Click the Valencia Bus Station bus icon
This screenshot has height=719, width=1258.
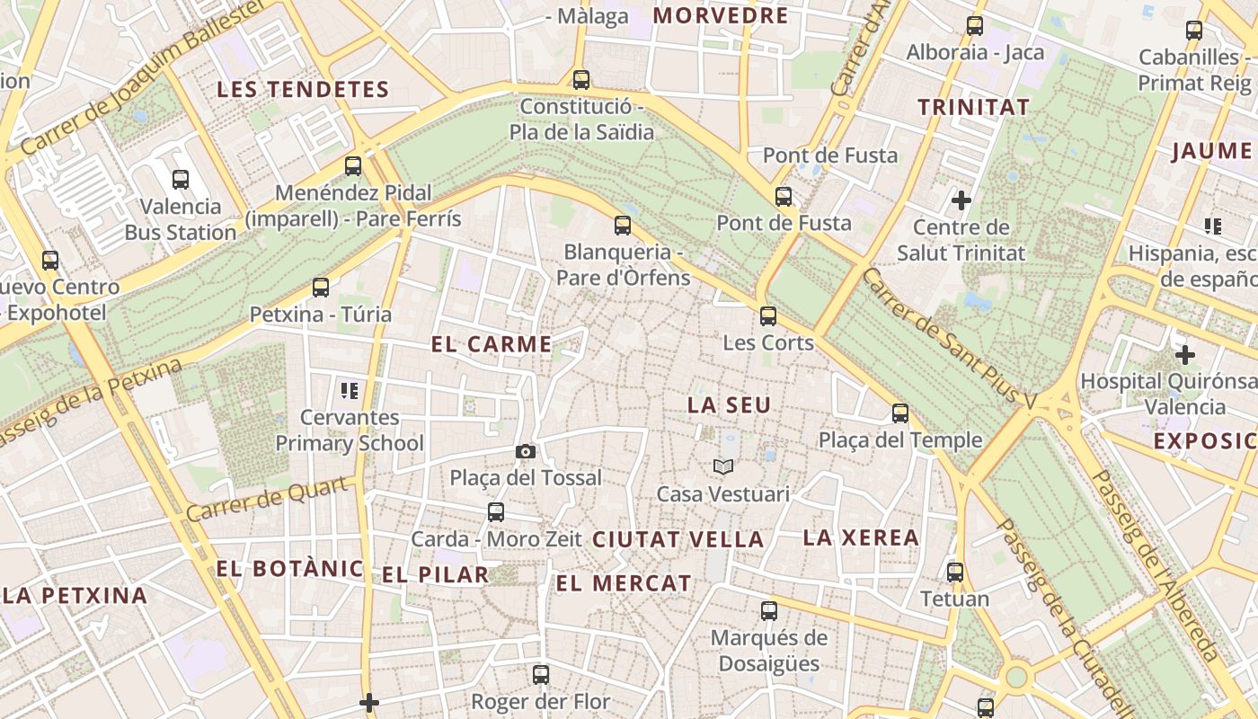coord(181,179)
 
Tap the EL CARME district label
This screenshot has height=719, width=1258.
coord(492,344)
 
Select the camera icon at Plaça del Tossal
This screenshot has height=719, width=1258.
coord(526,451)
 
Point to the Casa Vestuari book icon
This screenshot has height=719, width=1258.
coord(723,466)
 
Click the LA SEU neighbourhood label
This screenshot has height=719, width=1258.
coord(729,405)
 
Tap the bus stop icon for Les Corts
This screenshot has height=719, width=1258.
coord(768,315)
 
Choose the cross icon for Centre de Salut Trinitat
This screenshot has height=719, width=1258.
coord(961,200)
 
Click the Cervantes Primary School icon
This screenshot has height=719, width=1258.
coord(350,390)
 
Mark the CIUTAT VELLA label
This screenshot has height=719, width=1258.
coord(678,540)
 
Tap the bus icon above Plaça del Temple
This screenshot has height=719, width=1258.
coord(900,413)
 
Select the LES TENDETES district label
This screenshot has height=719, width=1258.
coord(303,90)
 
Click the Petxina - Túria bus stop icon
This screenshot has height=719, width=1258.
coord(321,288)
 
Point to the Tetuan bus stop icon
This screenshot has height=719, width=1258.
coord(954,572)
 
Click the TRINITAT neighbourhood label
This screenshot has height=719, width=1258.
coord(973,108)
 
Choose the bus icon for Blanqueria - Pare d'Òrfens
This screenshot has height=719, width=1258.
coord(623,225)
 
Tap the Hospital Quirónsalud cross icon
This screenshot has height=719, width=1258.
coord(1185,355)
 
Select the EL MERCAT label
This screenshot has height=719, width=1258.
coord(624,583)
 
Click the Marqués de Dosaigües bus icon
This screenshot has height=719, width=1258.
coord(768,611)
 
